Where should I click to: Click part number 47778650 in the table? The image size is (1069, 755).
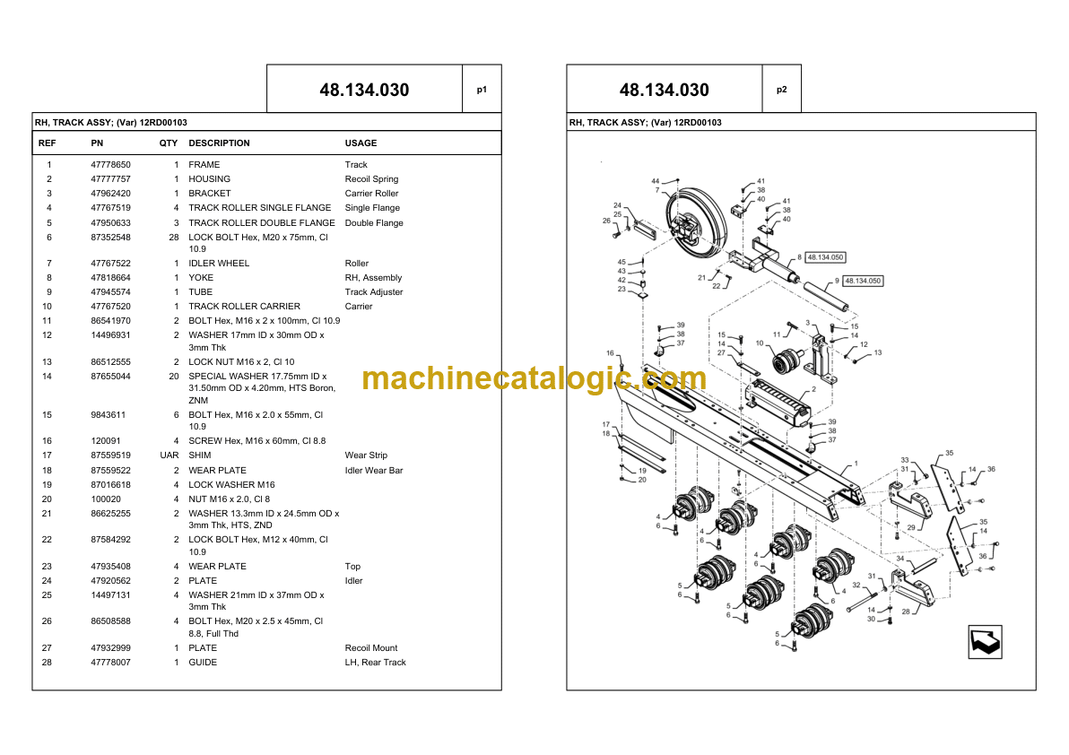click(110, 165)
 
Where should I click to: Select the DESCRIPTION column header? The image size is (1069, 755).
click(219, 143)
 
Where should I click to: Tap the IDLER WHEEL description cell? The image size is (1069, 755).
click(219, 263)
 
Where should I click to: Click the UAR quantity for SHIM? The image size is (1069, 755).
click(169, 456)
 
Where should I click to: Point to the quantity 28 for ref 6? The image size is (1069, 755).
click(174, 237)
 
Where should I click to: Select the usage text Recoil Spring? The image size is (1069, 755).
click(371, 179)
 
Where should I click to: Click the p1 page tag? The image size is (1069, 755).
click(482, 90)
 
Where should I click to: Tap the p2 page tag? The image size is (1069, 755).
click(782, 90)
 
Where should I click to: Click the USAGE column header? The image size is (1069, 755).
click(361, 143)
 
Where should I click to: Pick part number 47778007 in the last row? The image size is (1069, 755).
click(110, 663)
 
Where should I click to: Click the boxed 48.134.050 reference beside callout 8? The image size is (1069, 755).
click(825, 257)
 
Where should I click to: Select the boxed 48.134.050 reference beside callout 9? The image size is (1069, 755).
click(863, 281)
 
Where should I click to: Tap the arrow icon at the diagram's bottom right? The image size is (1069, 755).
click(985, 641)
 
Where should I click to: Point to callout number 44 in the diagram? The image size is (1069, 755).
click(656, 181)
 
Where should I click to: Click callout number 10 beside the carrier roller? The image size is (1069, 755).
click(760, 343)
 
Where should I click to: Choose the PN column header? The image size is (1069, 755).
click(97, 143)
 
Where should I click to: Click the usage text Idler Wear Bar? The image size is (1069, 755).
click(374, 470)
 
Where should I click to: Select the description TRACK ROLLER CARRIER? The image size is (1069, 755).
click(244, 307)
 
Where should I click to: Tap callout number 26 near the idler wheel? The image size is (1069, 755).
click(607, 221)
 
